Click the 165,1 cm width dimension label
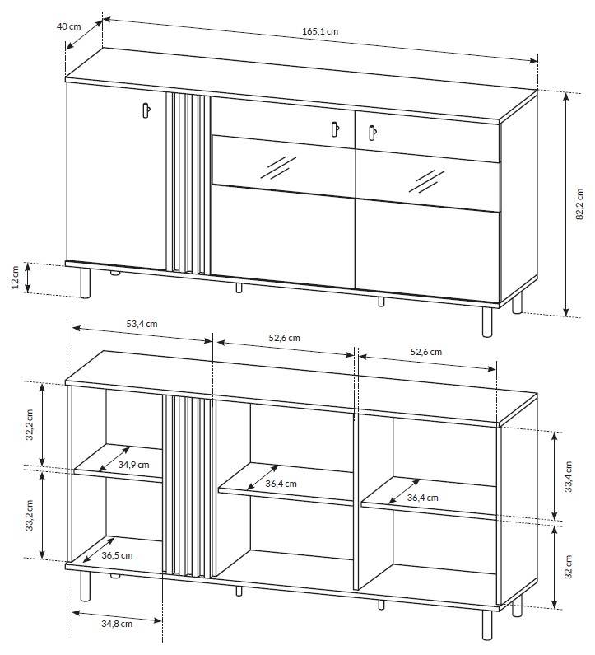(x=320, y=31)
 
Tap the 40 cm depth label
(x=69, y=26)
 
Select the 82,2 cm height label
(x=579, y=204)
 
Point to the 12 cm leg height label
(x=16, y=277)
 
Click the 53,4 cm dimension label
(x=142, y=324)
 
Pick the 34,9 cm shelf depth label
(x=133, y=465)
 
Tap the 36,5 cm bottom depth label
(x=117, y=555)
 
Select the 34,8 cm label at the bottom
(x=117, y=624)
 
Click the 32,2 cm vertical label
(x=29, y=424)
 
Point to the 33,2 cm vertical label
(x=29, y=515)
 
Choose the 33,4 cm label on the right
(x=568, y=477)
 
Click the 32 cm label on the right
(x=568, y=567)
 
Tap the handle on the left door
(x=146, y=110)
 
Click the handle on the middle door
(x=335, y=129)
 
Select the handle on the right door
(x=372, y=133)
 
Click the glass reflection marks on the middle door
(x=278, y=167)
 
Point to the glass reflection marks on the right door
(x=426, y=181)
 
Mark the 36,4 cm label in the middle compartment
(x=281, y=484)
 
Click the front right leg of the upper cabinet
(x=487, y=322)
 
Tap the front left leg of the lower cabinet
(x=85, y=586)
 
